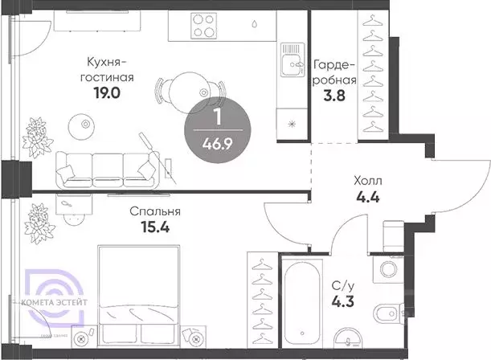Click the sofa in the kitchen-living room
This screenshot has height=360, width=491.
tap(104, 167)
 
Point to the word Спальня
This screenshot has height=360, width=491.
tap(154, 212)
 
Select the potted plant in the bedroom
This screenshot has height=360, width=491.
tap(37, 218)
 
